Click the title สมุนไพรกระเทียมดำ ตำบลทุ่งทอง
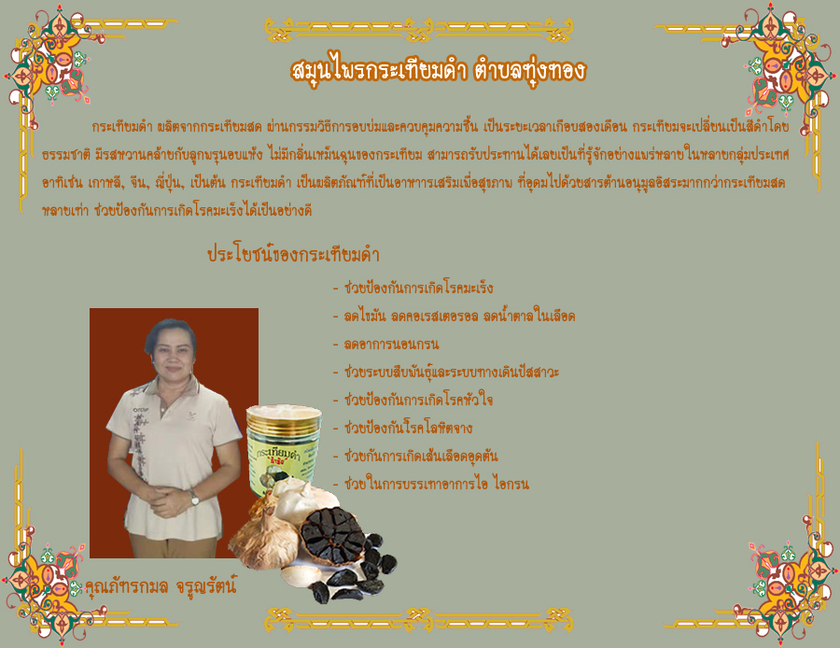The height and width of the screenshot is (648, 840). (x=439, y=70)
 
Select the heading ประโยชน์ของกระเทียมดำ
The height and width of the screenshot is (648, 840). (x=294, y=254)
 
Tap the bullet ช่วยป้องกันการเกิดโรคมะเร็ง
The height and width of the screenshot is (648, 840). (x=418, y=288)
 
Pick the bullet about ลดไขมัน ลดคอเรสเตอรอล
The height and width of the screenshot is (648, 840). (x=459, y=316)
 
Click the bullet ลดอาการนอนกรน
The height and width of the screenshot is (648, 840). (x=392, y=344)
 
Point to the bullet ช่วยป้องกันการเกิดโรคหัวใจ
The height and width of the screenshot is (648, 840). (x=418, y=400)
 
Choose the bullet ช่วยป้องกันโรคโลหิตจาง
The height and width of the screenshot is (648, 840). (x=408, y=428)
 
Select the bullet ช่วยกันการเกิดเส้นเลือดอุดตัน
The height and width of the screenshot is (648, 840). (x=421, y=456)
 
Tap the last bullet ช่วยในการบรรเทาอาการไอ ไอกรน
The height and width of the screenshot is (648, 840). (x=437, y=484)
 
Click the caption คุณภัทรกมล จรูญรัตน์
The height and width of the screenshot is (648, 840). (x=161, y=586)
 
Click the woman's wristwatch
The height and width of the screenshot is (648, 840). (x=194, y=499)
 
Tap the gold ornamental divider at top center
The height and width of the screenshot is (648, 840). (x=419, y=30)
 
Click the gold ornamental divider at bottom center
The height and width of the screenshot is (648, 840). (x=419, y=620)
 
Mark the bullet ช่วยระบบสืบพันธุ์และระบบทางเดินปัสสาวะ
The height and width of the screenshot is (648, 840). (x=452, y=372)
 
